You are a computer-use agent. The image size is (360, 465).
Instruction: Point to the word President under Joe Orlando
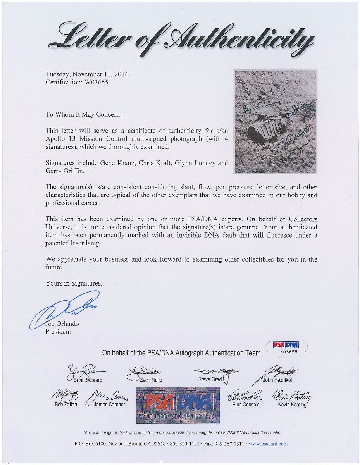tap(59, 332)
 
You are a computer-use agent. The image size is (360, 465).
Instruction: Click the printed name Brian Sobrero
tap(88, 380)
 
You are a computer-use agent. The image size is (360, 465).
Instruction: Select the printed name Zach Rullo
tap(151, 380)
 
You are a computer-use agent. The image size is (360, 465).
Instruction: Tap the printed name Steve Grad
tap(210, 379)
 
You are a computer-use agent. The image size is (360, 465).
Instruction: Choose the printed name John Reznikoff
tap(278, 380)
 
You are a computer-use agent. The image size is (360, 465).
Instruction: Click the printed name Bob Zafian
tap(66, 405)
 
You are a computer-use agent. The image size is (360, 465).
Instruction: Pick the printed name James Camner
tap(109, 405)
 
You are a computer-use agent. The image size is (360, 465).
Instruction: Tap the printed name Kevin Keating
tap(292, 405)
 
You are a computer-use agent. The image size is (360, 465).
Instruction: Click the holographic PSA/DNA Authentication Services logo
tap(178, 406)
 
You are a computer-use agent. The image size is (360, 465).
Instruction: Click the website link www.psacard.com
tap(267, 444)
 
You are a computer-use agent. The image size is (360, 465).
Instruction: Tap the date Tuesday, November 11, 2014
tap(87, 74)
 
